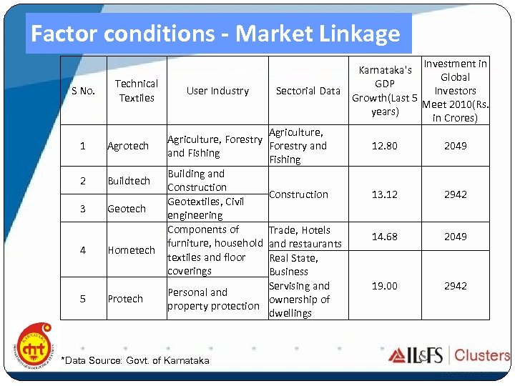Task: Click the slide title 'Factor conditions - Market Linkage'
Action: [x=215, y=34]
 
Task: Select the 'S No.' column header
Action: [x=83, y=91]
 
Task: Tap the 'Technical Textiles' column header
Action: [x=137, y=91]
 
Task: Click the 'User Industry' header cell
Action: [x=217, y=91]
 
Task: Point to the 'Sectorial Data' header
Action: [x=308, y=91]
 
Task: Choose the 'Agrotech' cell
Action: [x=128, y=146]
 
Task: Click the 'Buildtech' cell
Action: [x=129, y=181]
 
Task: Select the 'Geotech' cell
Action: [x=127, y=209]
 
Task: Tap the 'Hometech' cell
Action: [x=131, y=250]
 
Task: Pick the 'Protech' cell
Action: [x=125, y=299]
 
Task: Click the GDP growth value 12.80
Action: [x=385, y=146]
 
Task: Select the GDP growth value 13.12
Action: [x=385, y=194]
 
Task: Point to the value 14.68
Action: [x=385, y=237]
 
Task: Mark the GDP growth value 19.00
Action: [x=385, y=286]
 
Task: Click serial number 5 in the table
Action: [x=83, y=299]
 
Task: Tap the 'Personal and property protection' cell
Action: [x=213, y=299]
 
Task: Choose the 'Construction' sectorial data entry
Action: [x=298, y=194]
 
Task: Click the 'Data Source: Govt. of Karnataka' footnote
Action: [x=136, y=360]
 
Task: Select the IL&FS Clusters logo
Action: [x=448, y=355]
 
